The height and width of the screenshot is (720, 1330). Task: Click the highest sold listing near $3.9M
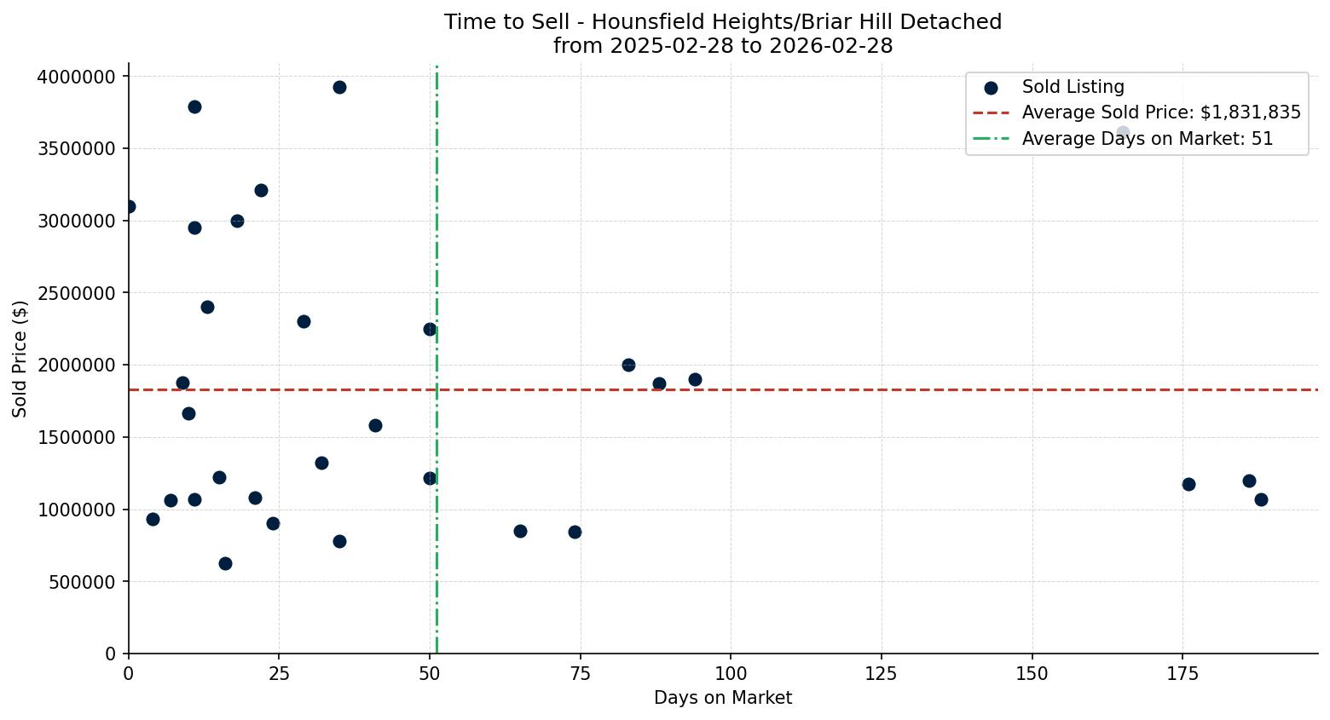[x=339, y=87]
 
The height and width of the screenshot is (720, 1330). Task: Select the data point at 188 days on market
[x=1261, y=499]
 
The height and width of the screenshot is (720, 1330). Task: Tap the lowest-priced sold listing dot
[x=225, y=563]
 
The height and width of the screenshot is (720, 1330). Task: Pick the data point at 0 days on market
[x=129, y=206]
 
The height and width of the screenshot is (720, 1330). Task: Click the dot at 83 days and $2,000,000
[x=628, y=365]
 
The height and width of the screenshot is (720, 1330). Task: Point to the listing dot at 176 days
[x=1188, y=484]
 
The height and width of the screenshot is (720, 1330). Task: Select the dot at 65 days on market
[x=520, y=531]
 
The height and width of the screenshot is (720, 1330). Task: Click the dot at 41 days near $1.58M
[x=375, y=425]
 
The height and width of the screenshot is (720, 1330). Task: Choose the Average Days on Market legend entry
[x=1147, y=139]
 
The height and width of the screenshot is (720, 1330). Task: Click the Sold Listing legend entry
[x=1073, y=87]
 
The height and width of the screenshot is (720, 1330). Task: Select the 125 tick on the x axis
[x=882, y=674]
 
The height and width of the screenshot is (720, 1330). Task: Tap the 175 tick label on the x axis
[x=1183, y=674]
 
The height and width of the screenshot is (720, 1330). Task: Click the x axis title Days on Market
[x=723, y=698]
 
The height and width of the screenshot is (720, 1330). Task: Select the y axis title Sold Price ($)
[x=20, y=359]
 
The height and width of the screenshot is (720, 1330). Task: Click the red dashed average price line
[x=853, y=389]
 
